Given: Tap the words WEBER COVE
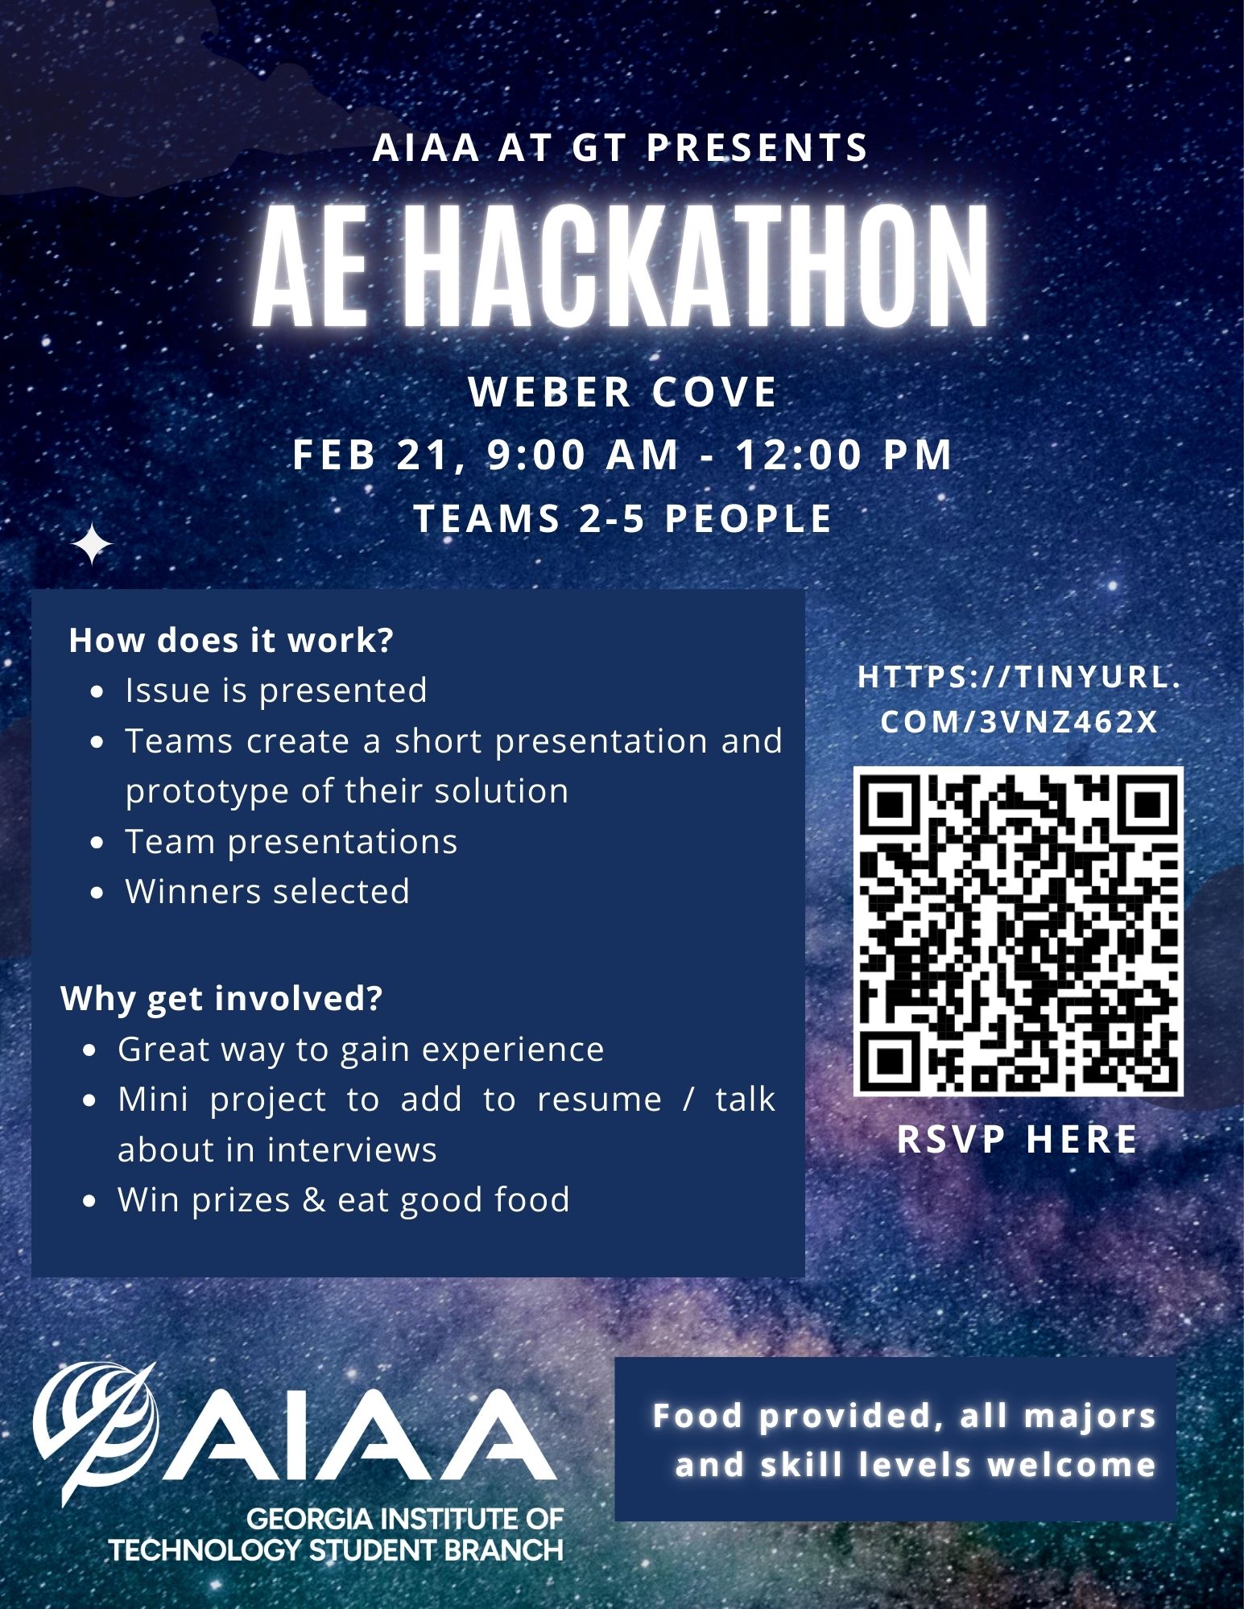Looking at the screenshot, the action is pyautogui.click(x=622, y=392).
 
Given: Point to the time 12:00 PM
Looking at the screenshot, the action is pyautogui.click(x=845, y=454).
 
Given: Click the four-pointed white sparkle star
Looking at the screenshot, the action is pyautogui.click(x=92, y=545).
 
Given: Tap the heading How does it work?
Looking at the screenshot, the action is pyautogui.click(x=231, y=640).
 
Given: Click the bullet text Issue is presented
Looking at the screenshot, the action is pyautogui.click(x=276, y=691).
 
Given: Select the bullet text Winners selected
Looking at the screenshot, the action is pyautogui.click(x=267, y=891).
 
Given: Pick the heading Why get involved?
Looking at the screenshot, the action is pyautogui.click(x=221, y=998).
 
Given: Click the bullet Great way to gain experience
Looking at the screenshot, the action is pyautogui.click(x=361, y=1050).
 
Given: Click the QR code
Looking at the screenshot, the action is pyautogui.click(x=1019, y=931).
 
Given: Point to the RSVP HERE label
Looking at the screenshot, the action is pyautogui.click(x=1019, y=1139).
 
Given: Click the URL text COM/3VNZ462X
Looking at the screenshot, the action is pyautogui.click(x=1019, y=722).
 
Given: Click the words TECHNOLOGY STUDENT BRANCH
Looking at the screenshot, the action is pyautogui.click(x=337, y=1550).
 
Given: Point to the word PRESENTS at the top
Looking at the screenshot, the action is pyautogui.click(x=758, y=148).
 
